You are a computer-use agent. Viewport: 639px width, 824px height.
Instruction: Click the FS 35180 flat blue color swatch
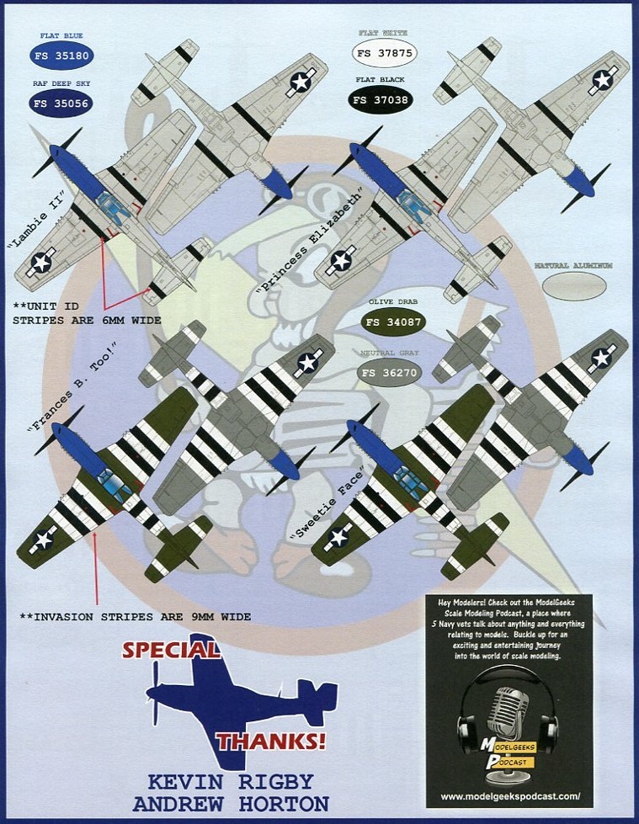coord(61,56)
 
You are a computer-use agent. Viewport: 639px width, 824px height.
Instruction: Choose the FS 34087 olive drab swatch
coord(393,322)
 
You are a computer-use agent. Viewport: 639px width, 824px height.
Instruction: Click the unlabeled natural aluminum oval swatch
coord(573,286)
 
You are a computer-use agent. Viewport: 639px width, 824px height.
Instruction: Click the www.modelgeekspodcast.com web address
coord(509,795)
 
